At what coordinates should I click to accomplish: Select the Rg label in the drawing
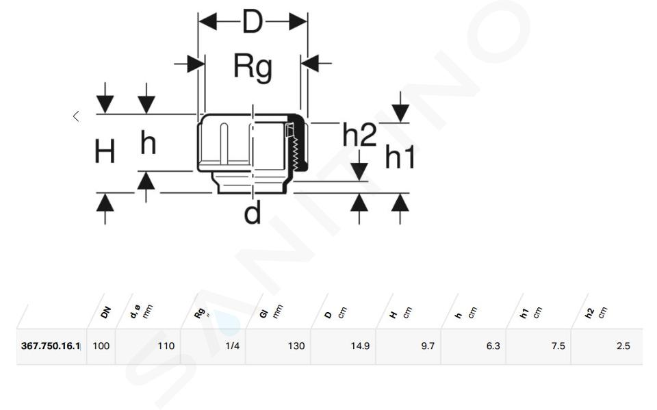pos(253,67)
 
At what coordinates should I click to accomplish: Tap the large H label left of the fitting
pos(104,151)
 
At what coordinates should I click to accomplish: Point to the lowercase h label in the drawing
pos(149,142)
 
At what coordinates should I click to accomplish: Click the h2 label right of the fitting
pos(359,135)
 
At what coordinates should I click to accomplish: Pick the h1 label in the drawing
pos(400,157)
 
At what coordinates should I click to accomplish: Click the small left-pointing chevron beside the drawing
pos(76,116)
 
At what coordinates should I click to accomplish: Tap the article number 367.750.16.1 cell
pos(50,346)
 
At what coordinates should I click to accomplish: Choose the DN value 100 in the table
pos(101,346)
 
